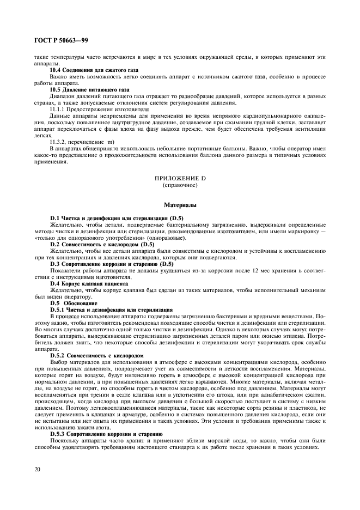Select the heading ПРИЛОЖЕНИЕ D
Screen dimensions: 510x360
click(179, 178)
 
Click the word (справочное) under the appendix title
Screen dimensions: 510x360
click(179, 185)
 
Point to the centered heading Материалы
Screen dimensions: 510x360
click(179, 205)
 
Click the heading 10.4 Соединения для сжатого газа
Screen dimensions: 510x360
click(94, 70)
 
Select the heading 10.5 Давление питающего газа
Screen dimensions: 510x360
click(90, 88)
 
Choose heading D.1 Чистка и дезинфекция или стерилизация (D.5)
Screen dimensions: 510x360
click(118, 218)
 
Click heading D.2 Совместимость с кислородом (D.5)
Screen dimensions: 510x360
click(102, 245)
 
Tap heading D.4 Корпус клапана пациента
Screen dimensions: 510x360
click(89, 283)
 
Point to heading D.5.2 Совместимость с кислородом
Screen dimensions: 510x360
click(96, 355)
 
